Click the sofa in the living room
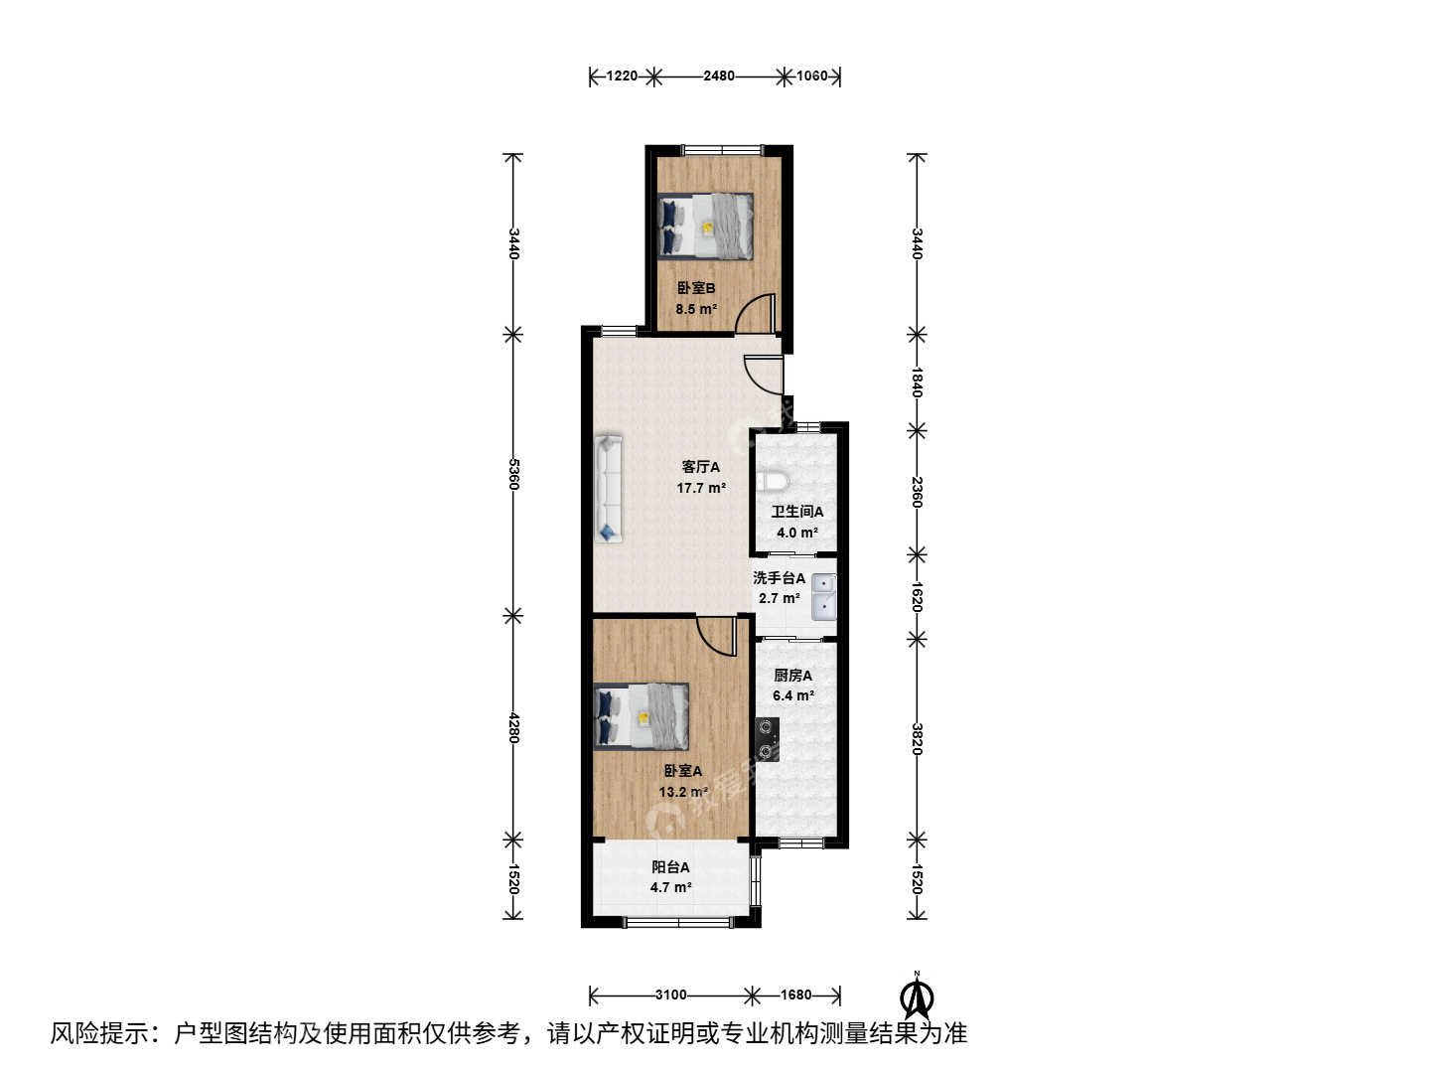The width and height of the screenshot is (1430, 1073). (x=608, y=489)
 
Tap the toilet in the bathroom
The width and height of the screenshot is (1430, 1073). (x=772, y=482)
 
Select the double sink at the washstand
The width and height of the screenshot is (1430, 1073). (x=823, y=596)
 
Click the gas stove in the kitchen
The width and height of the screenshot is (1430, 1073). (x=767, y=739)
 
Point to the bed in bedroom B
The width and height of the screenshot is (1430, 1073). (x=705, y=227)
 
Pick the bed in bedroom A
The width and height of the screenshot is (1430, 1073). (x=642, y=716)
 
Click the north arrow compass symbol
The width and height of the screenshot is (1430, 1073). (x=917, y=996)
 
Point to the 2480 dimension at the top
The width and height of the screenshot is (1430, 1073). (x=719, y=77)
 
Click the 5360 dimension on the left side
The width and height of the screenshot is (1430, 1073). (x=513, y=474)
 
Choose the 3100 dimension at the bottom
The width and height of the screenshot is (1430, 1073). (x=671, y=995)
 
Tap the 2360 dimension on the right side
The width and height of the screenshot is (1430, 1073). (x=917, y=493)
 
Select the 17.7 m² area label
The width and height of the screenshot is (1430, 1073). (x=701, y=487)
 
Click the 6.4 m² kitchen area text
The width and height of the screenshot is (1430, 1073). (x=792, y=695)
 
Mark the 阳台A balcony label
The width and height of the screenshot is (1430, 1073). (x=670, y=867)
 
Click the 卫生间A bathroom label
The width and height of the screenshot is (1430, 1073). (x=797, y=512)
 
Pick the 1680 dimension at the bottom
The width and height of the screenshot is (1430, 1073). (x=796, y=995)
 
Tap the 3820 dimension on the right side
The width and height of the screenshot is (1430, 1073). (x=917, y=739)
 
